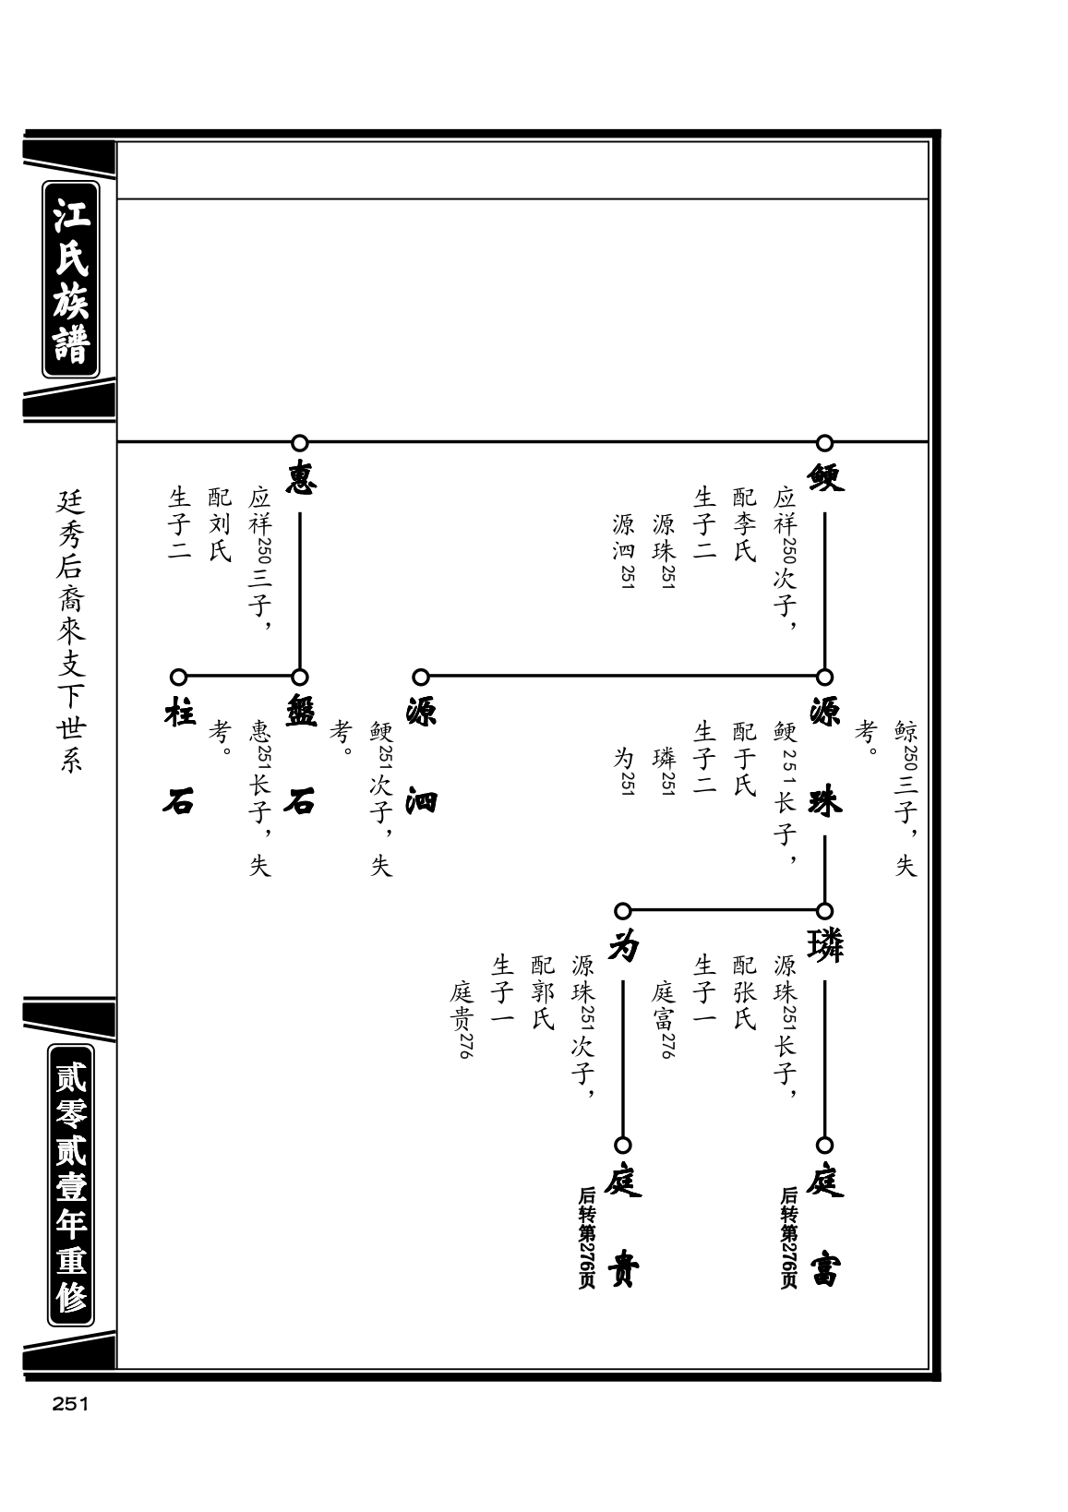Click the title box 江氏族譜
click(71, 279)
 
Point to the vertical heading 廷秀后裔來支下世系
click(71, 631)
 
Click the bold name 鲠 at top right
click(825, 478)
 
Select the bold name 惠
click(300, 478)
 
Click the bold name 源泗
click(421, 756)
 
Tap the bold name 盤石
click(300, 756)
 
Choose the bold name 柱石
click(179, 756)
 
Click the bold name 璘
click(825, 945)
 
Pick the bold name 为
click(623, 945)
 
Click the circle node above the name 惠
click(300, 443)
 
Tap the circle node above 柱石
click(178, 677)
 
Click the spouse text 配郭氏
click(543, 993)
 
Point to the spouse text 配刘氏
click(220, 525)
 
